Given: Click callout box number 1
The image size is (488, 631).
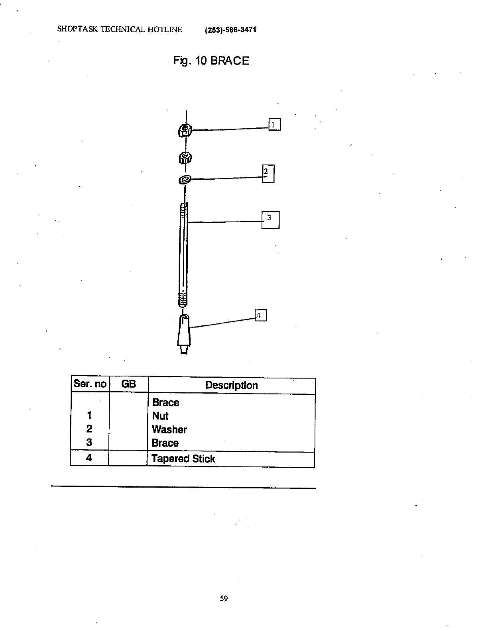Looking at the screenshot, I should tap(274, 125).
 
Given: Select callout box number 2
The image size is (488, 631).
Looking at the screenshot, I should tap(268, 174).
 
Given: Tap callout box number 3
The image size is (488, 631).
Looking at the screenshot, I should tap(270, 220).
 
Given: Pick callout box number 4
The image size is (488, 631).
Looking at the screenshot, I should tap(260, 315).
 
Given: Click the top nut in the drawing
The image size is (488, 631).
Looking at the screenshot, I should tap(185, 129).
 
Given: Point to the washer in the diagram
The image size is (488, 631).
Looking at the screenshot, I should tap(185, 180).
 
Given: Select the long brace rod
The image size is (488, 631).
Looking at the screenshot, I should tap(183, 255).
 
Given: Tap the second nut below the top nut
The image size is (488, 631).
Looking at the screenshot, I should tap(185, 158).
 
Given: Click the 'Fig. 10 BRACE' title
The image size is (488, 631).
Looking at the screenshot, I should tap(211, 61).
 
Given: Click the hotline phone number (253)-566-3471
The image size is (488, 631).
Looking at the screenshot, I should tap(230, 30).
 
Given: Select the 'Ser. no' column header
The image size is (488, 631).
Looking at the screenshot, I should tap(90, 384).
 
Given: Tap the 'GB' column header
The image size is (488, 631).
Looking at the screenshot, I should tap(128, 384).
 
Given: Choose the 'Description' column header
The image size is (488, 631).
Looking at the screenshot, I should tap(231, 385).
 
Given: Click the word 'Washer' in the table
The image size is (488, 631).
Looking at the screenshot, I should tap(169, 429).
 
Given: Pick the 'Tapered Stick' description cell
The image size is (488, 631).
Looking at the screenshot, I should tap(183, 459).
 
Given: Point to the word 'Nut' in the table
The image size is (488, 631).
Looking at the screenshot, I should tap(160, 416).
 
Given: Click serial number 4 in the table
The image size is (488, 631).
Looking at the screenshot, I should tap(89, 458).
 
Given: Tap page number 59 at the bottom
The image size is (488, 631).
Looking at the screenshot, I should tap(224, 598).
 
